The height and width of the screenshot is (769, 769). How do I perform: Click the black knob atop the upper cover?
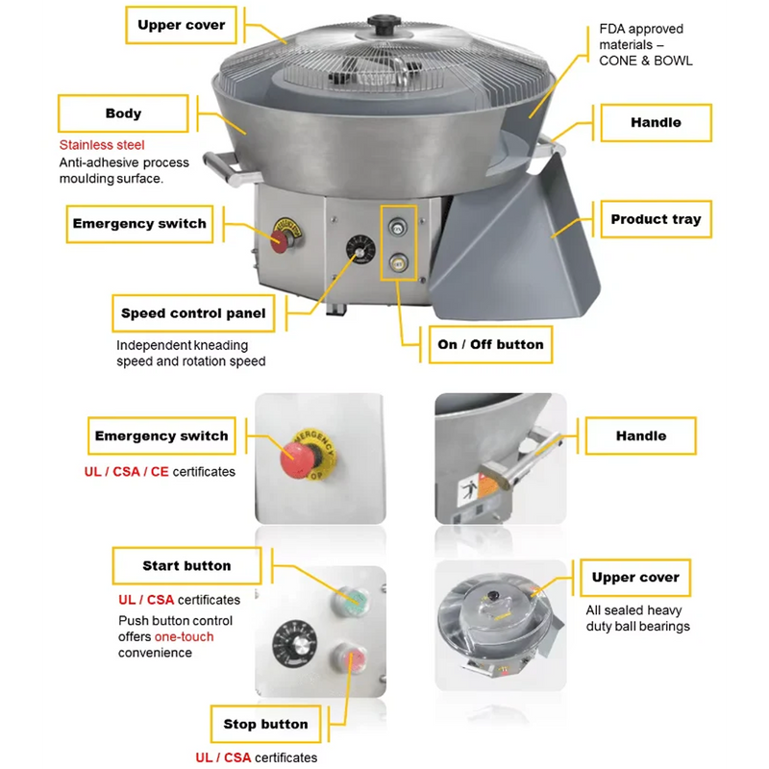coord(384,24)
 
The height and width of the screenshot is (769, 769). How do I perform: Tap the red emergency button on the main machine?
coord(280,242)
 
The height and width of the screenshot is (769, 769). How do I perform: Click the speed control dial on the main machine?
coord(360,250)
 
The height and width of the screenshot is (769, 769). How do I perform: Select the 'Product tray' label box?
coord(656,219)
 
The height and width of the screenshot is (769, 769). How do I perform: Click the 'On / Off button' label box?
coord(490,344)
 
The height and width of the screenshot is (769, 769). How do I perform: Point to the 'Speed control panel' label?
coord(193,313)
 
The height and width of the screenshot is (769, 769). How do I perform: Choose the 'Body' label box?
coord(123,113)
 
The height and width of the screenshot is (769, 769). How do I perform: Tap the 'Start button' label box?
coord(186,565)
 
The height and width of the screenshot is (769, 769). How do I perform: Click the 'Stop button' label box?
coord(265,724)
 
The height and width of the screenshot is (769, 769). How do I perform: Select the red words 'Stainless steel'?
coord(102,145)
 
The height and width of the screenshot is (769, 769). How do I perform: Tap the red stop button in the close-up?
coord(349,657)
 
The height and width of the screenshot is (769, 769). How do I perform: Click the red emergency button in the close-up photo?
coord(300,459)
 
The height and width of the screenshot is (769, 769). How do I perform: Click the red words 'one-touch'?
coord(184,636)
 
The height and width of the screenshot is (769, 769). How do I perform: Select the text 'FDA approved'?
coord(641,29)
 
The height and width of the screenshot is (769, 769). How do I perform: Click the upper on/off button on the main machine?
coord(398,228)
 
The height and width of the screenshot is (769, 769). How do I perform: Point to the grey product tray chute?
coord(515,245)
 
